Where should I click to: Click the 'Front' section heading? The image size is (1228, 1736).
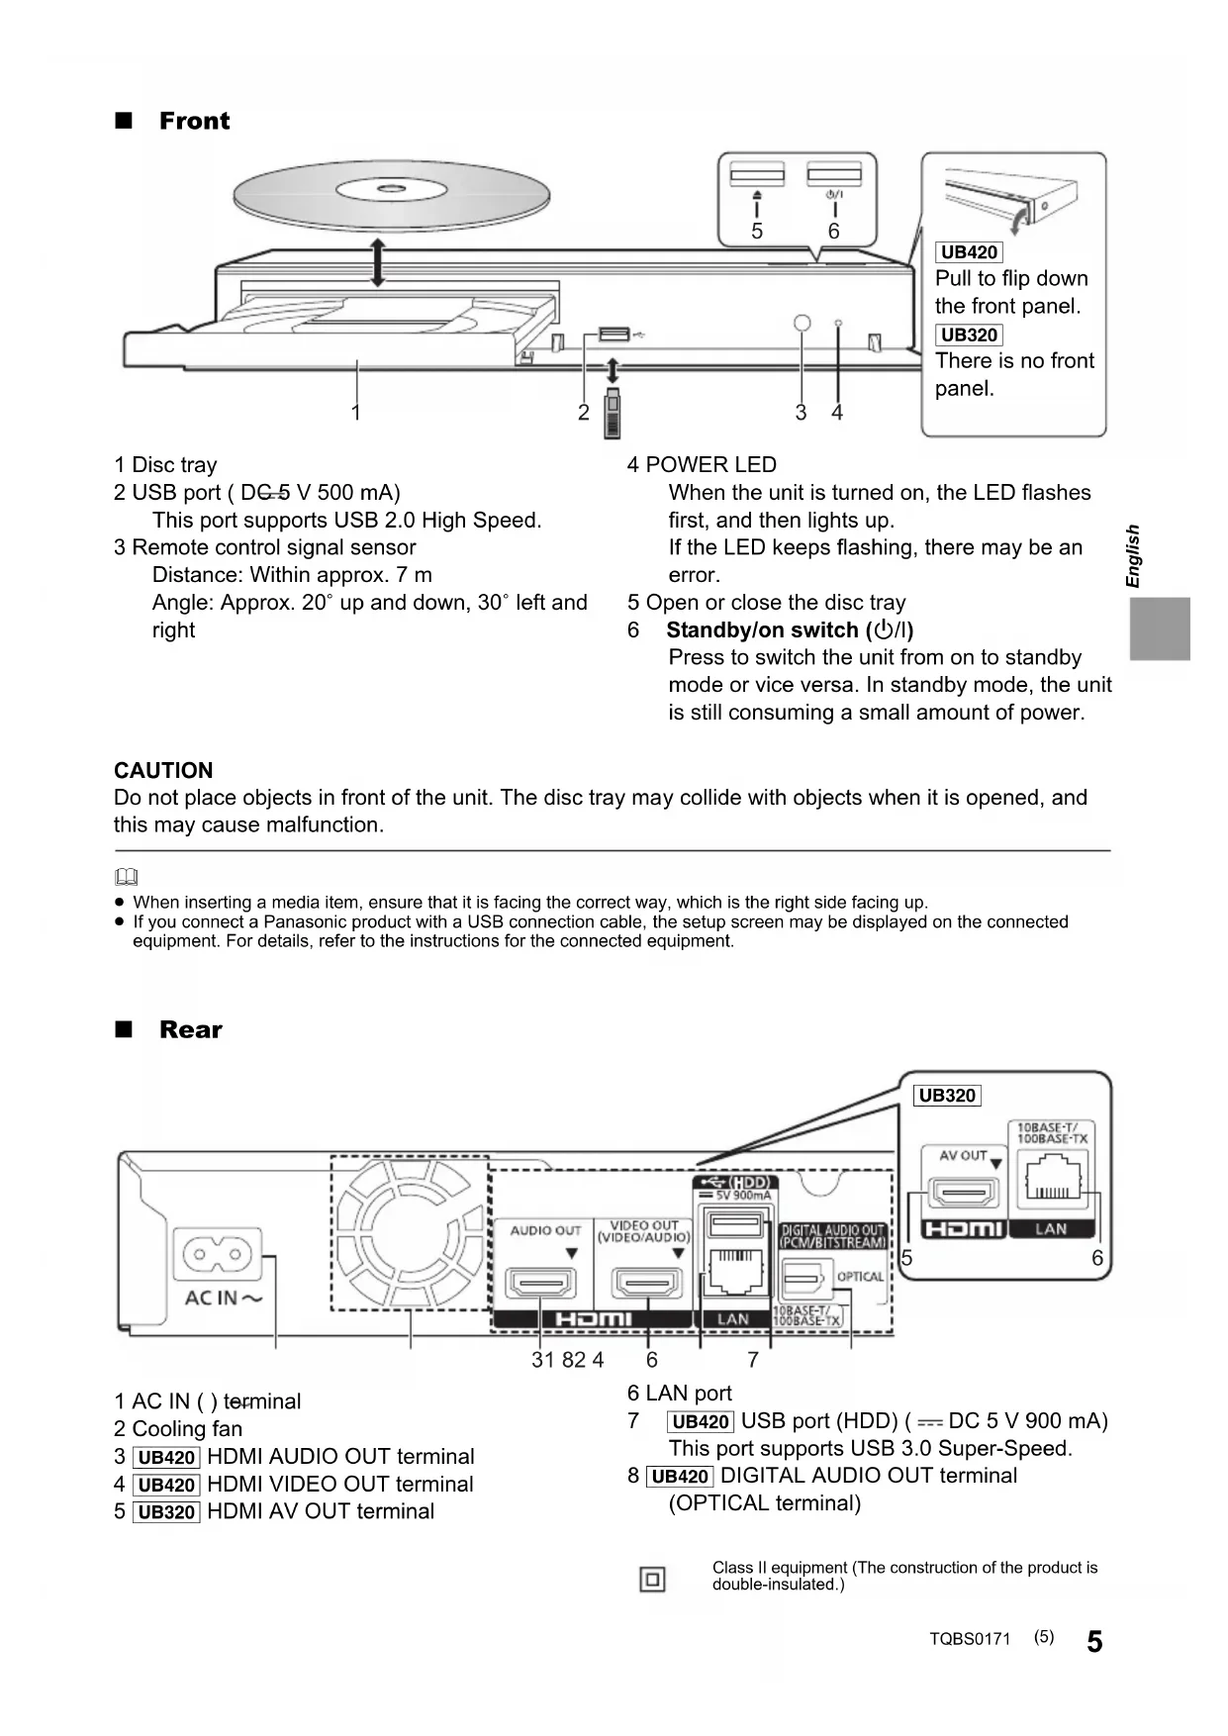pos(194,121)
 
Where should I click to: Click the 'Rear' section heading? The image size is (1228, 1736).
pos(190,1029)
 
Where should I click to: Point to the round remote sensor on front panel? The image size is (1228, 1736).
pos(803,324)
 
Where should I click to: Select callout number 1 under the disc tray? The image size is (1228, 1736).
pos(356,412)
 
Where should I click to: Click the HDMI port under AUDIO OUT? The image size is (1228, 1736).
pos(540,1284)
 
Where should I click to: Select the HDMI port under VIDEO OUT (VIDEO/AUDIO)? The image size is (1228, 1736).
pos(647,1284)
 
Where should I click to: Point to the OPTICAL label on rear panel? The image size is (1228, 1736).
pos(859,1277)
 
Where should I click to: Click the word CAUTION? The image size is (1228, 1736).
pos(163,770)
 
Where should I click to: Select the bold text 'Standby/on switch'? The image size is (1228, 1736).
pos(762,630)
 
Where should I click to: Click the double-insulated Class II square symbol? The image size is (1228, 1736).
pos(653,1579)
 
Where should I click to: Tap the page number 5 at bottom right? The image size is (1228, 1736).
pos(1094,1642)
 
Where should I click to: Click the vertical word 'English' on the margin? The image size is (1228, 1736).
pos(1134,556)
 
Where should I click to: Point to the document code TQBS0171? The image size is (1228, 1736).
pos(970,1639)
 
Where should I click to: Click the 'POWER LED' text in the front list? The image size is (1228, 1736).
pos(710,465)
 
